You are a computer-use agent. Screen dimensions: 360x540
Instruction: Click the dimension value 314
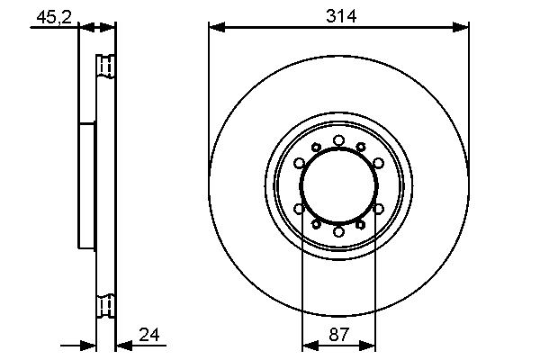pos(338,15)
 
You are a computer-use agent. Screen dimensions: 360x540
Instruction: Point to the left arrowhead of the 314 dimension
pos(213,28)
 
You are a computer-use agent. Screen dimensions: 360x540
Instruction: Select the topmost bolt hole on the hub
pos(338,140)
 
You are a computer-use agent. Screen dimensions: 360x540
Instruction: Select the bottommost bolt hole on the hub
pos(338,231)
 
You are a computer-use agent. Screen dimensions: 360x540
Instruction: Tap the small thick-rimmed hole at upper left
pos(316,148)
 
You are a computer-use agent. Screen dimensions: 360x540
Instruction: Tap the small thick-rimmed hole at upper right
pos(361,148)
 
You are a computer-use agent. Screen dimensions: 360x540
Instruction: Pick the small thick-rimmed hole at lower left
pos(316,224)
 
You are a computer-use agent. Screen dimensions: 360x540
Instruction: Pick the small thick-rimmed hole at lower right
pos(361,224)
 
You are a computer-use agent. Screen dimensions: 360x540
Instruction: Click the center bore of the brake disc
pos(338,185)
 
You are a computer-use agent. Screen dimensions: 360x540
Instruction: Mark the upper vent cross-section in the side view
pos(105,67)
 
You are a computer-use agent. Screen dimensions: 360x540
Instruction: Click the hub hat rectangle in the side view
pos(86,185)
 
